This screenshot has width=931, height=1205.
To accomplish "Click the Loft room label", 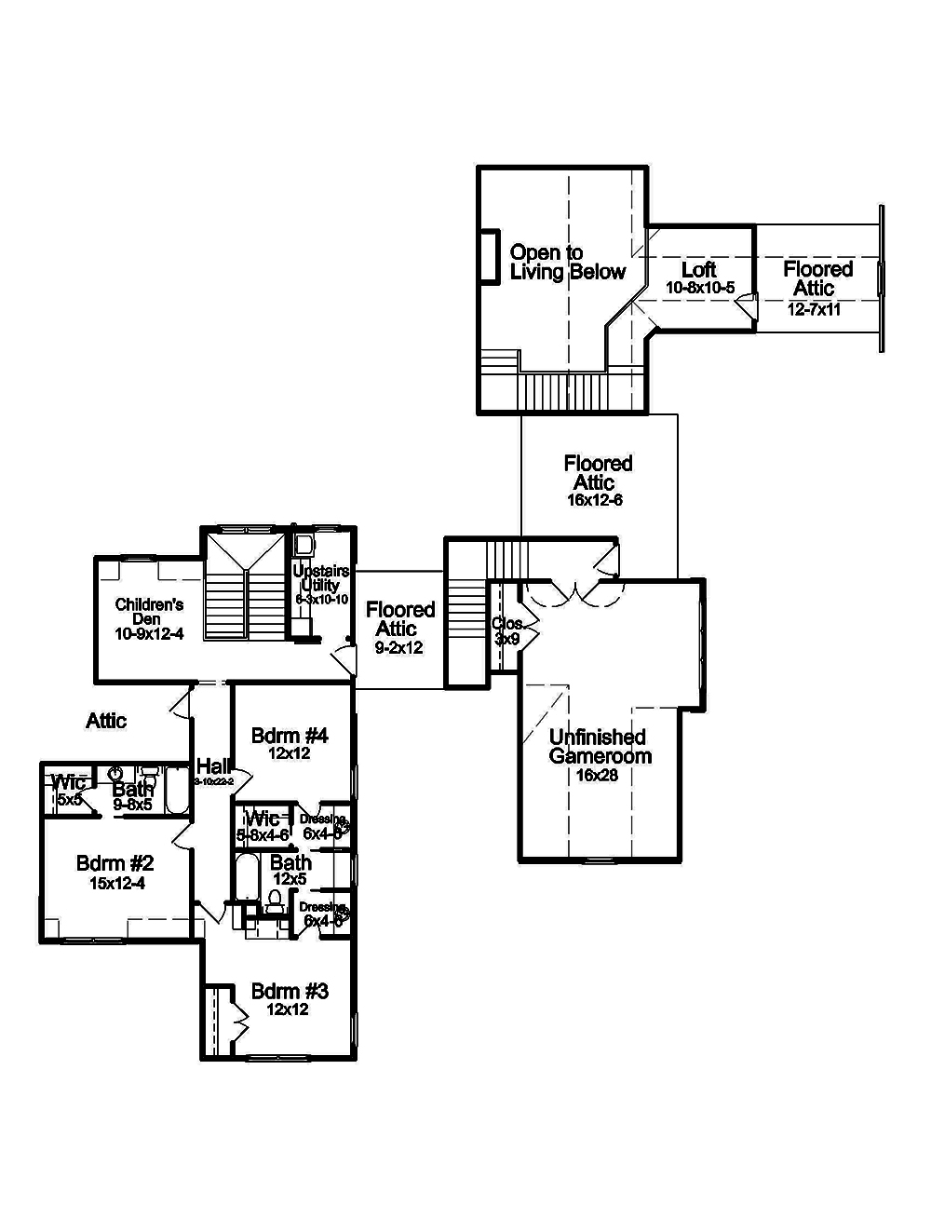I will coord(698,271).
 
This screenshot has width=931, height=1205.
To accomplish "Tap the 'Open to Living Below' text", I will coord(567,263).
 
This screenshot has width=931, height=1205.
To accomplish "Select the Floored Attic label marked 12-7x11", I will coord(817,279).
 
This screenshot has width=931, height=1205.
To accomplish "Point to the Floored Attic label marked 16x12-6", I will coord(597,473).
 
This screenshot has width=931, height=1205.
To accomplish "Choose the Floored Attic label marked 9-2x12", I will coord(399,619).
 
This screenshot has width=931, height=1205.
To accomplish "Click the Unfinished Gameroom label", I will coord(600,747).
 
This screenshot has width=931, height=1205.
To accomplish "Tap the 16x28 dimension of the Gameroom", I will coord(599,774).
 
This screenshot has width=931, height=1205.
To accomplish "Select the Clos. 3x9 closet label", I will coord(507,631).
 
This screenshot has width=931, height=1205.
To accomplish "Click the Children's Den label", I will coord(150,611).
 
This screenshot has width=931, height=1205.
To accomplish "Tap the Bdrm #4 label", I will coord(290,736).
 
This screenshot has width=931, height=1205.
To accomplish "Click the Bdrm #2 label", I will coord(115,863).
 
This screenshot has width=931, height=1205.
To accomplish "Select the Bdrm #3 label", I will coord(290,992).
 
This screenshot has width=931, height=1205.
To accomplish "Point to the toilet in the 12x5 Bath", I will coord(275,900).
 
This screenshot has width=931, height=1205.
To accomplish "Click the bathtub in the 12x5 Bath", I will coord(246,877).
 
